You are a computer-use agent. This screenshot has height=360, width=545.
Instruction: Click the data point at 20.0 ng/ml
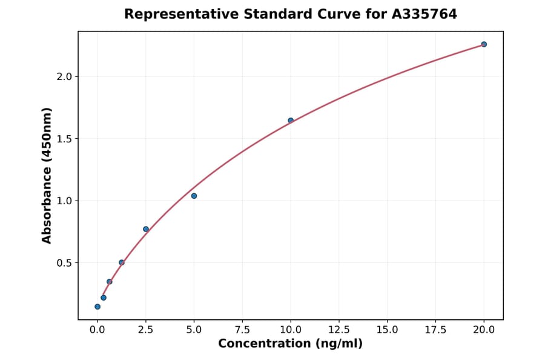coord(484,44)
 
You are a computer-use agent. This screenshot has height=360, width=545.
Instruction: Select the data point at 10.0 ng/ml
coord(291,121)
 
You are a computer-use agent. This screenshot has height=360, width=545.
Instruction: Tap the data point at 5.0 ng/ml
coord(194,196)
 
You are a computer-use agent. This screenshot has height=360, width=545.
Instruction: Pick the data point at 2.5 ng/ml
coord(146,229)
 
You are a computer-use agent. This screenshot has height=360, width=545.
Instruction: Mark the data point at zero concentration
coord(97,307)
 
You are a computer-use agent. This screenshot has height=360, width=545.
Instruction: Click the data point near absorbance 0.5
coord(122,262)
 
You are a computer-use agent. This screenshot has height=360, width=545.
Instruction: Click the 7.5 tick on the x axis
coord(242,330)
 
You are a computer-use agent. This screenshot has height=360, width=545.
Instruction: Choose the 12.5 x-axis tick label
coord(339,330)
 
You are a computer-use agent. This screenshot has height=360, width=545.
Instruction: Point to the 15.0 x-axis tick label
coord(388,330)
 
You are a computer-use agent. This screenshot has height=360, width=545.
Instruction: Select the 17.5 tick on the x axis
coord(435,330)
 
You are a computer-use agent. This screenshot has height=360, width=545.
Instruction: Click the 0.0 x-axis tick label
coord(97,330)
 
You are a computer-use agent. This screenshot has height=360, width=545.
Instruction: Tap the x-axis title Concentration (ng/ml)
coord(290,344)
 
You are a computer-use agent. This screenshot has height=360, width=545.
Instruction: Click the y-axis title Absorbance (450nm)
coord(47,175)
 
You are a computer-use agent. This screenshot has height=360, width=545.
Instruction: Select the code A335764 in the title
coord(424,14)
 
